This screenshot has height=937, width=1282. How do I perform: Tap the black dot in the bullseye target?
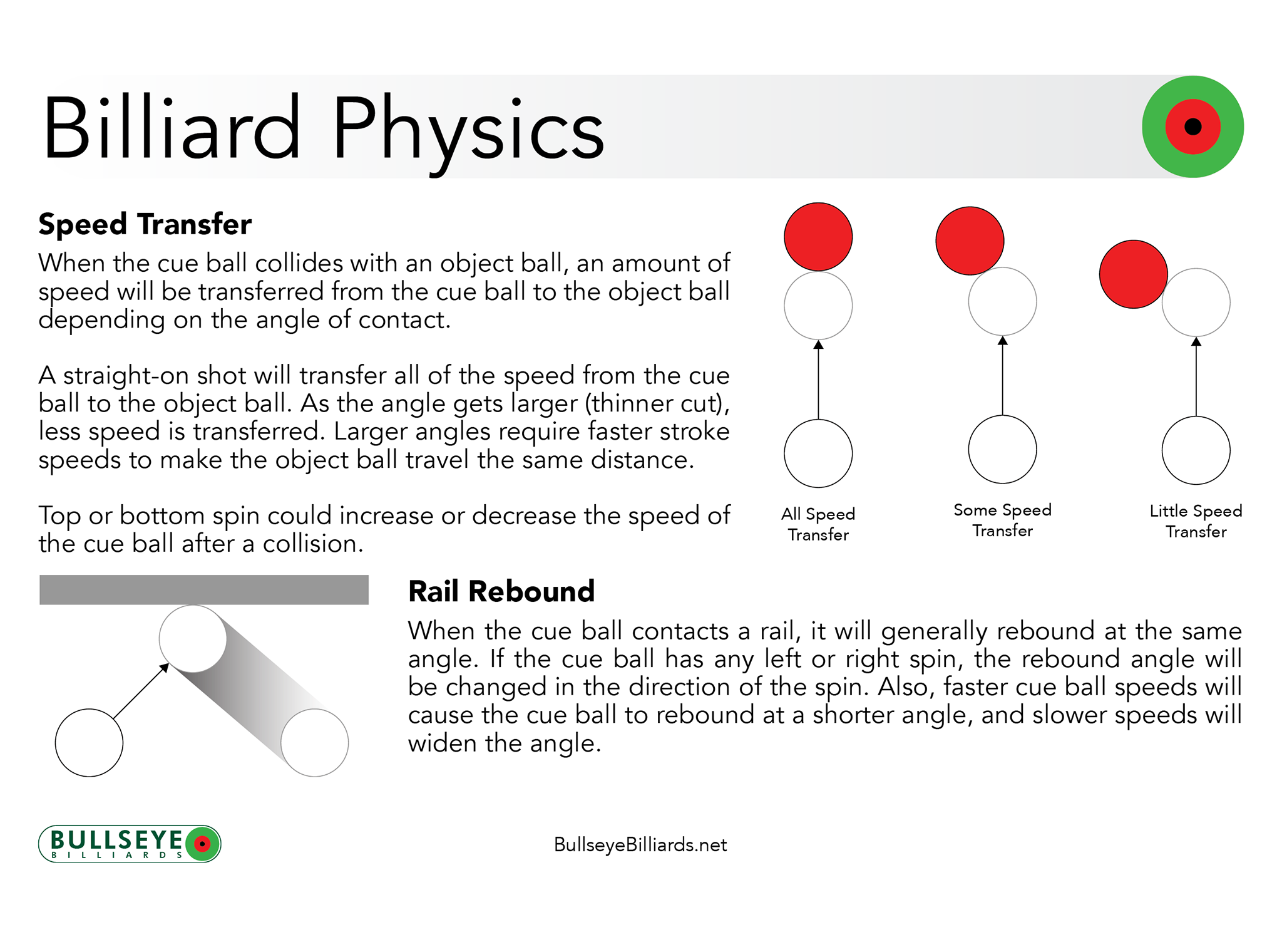[x=1192, y=127]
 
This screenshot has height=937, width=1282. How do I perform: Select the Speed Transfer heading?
[x=145, y=224]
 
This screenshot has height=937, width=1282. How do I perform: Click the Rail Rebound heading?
[x=501, y=591]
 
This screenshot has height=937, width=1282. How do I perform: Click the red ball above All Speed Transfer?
[x=818, y=237]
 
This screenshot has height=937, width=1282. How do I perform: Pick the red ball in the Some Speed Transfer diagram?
[x=970, y=241]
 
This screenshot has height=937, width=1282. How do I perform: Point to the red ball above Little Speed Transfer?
[x=1133, y=274]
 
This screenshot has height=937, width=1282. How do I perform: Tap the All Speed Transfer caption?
[x=818, y=524]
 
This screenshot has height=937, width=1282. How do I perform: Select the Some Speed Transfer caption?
[x=1002, y=520]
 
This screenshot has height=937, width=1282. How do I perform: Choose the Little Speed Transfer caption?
[x=1196, y=521]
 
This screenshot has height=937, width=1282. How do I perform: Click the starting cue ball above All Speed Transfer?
[x=818, y=453]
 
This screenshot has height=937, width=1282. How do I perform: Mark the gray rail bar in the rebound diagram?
[x=203, y=589]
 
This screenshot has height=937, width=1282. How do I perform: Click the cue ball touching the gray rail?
[x=193, y=639]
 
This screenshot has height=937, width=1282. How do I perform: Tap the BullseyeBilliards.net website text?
[x=640, y=845]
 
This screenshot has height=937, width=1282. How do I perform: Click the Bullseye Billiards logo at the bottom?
[x=130, y=844]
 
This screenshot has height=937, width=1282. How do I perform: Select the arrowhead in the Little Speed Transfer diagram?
[x=1196, y=342]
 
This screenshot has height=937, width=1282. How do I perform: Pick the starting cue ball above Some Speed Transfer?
[x=1002, y=450]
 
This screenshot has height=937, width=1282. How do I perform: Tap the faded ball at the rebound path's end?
[x=314, y=743]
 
